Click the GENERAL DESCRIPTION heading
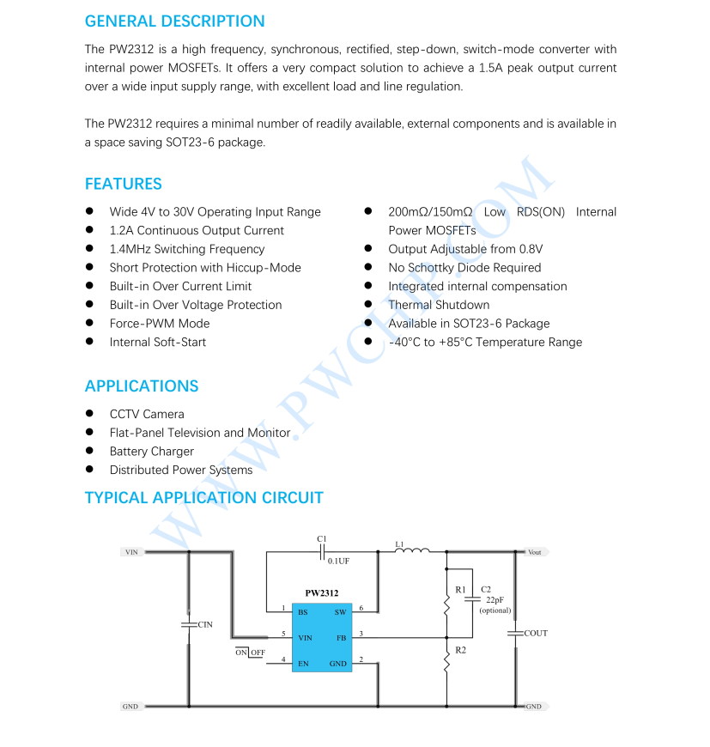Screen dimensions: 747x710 174,21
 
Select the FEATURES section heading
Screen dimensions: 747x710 123,184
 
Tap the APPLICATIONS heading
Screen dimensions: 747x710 141,386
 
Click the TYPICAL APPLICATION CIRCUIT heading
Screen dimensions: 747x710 203,498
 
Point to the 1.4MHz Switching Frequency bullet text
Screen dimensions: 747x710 186,249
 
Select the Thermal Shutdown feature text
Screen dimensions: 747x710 438,305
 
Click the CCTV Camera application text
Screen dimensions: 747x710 146,414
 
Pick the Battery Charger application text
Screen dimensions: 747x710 151,452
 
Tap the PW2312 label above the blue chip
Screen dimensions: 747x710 321,593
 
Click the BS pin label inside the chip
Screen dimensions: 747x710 303,612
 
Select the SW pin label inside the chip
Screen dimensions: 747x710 340,612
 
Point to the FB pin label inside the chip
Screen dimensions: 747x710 341,638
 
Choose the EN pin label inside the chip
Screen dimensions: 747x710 303,664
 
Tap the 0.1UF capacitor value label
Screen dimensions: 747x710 338,561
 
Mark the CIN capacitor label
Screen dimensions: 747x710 205,625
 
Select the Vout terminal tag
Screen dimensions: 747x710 535,552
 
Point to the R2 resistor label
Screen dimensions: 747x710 461,651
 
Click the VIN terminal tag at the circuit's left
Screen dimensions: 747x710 131,552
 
